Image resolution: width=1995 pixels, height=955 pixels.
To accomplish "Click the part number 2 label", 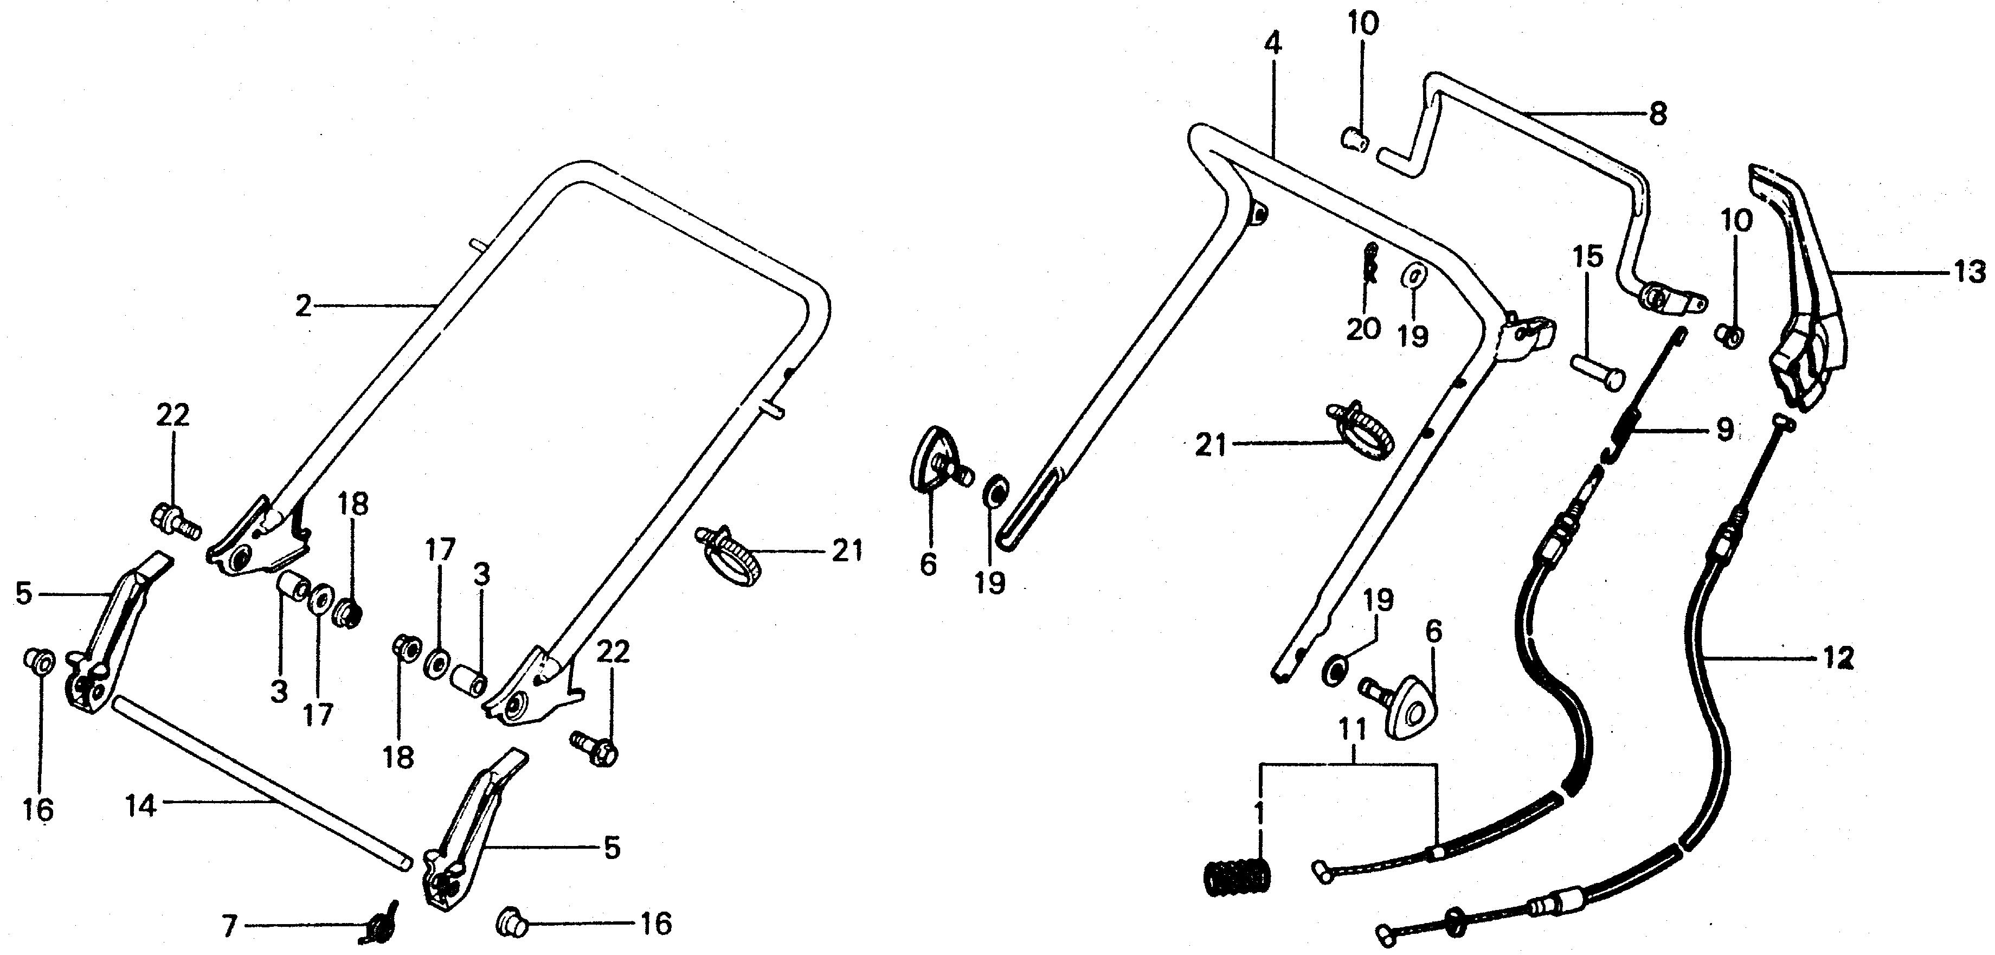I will pyautogui.click(x=303, y=307).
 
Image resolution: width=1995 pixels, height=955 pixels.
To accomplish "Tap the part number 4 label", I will pyautogui.click(x=1272, y=43).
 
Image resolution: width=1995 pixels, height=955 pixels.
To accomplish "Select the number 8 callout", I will pyautogui.click(x=1657, y=114).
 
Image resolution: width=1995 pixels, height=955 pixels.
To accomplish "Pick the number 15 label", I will pyautogui.click(x=1587, y=257).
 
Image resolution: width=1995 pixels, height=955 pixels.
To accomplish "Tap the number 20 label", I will pyautogui.click(x=1363, y=329).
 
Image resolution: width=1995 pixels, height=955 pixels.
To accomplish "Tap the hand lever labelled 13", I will pyautogui.click(x=1807, y=310).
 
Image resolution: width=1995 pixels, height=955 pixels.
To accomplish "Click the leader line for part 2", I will pyautogui.click(x=372, y=307).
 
